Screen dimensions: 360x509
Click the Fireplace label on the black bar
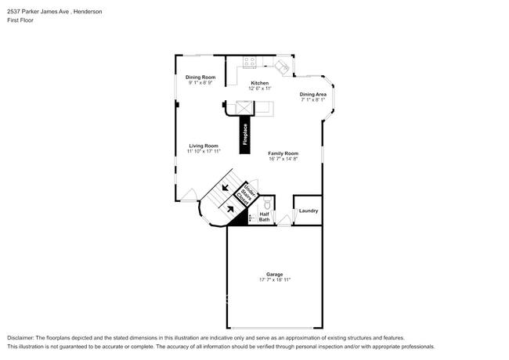(245, 135)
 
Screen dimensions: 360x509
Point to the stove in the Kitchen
(251, 61)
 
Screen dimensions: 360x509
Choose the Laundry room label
(308, 211)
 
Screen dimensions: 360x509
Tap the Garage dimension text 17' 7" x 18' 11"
(274, 279)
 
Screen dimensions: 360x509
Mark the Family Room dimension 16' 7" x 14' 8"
(283, 159)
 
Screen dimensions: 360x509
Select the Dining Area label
(312, 94)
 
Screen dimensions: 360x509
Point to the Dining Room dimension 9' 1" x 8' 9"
(200, 82)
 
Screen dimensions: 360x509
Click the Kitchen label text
(259, 83)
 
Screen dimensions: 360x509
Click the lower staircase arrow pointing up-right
(230, 208)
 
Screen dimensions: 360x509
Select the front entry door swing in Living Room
(189, 194)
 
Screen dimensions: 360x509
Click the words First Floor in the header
(21, 20)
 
